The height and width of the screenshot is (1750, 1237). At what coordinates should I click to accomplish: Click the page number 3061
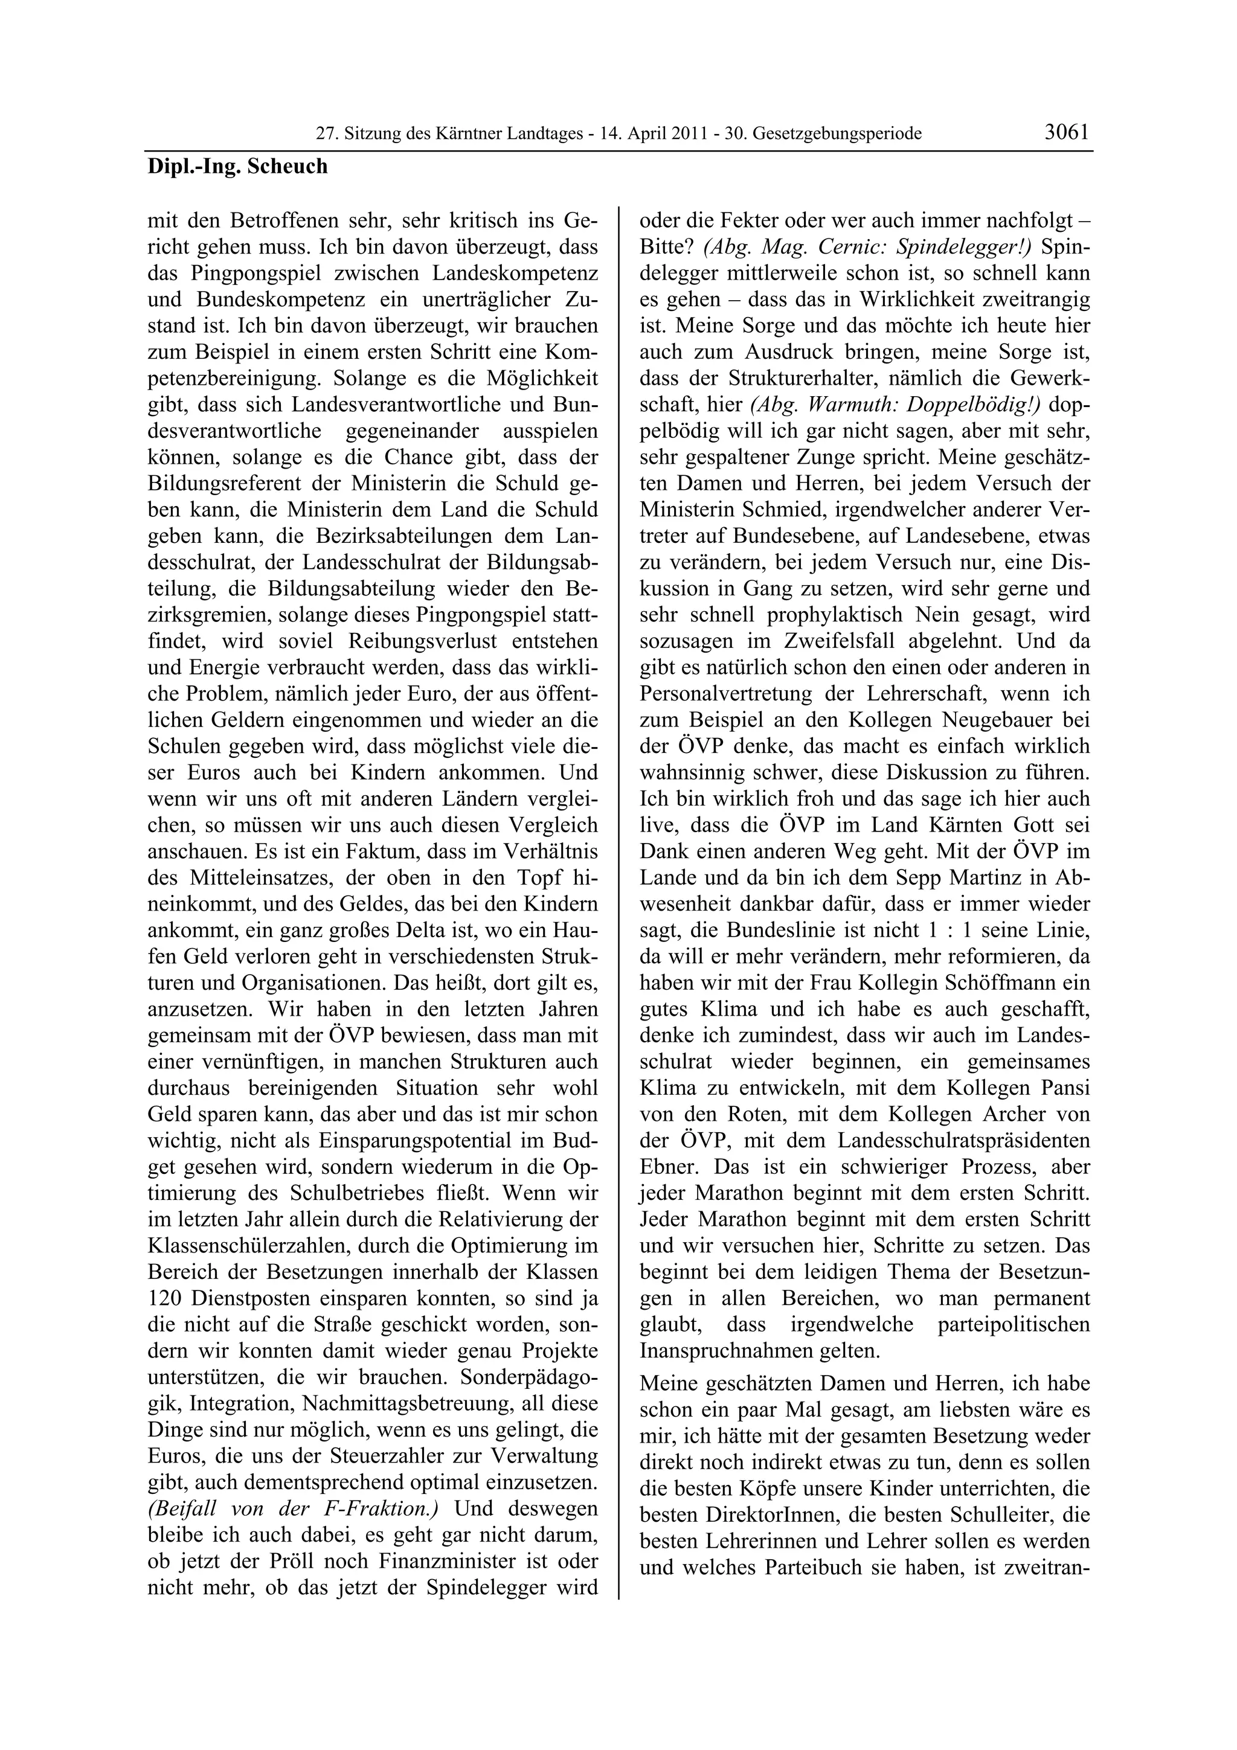(x=1067, y=132)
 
